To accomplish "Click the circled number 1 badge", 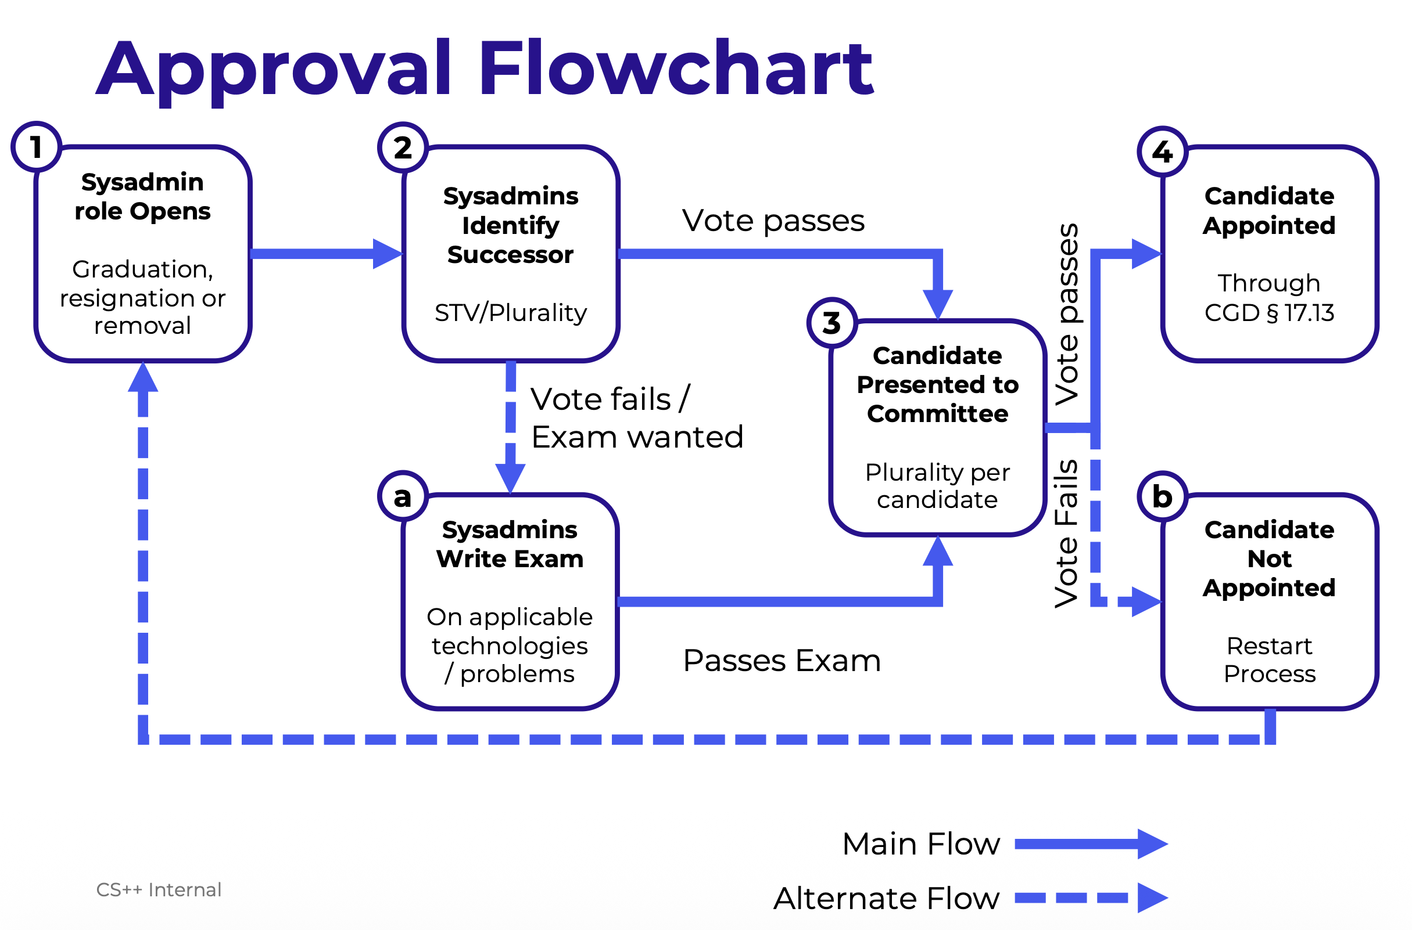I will click(36, 147).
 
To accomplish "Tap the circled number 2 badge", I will click(403, 147).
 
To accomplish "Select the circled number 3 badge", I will click(832, 323).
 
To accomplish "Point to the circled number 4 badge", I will click(1162, 152).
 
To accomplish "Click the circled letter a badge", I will click(403, 496).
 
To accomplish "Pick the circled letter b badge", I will click(1162, 496).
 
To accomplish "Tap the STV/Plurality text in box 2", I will click(510, 312).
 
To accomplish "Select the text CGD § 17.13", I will click(1269, 312).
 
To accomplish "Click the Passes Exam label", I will click(782, 661).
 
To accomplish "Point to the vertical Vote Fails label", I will click(1066, 534).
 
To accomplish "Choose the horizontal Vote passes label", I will click(773, 221).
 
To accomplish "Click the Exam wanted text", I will click(637, 437).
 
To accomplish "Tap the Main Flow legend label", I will click(920, 844).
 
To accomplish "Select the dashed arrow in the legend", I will click(1091, 898).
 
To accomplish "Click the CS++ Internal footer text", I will click(159, 890).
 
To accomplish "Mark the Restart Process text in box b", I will click(1270, 659).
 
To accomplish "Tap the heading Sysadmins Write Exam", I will click(510, 544).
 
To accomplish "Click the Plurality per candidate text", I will click(937, 486).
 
